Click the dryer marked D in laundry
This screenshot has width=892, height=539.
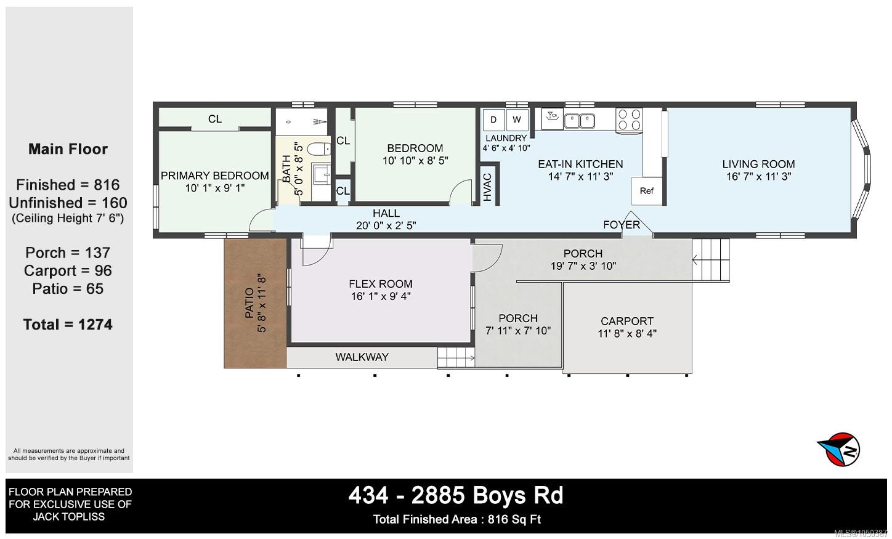[494, 120]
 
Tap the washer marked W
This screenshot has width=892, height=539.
[517, 120]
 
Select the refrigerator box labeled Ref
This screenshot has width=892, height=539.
[647, 191]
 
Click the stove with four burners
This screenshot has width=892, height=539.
[629, 120]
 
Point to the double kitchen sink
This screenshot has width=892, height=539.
[580, 121]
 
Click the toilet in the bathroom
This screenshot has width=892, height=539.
[319, 149]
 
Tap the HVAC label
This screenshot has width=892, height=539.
[487, 187]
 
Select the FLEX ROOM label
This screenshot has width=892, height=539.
[381, 284]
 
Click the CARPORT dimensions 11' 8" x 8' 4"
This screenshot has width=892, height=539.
[626, 333]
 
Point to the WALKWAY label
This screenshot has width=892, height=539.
[362, 357]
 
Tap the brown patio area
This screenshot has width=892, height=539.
[255, 303]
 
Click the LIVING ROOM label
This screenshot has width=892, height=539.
[758, 164]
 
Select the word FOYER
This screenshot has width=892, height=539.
[621, 225]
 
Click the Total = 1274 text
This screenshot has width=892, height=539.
[68, 325]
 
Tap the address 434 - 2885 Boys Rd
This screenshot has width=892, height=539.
[456, 495]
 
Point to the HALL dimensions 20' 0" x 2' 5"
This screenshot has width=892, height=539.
[386, 225]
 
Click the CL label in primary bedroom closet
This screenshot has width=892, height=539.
[215, 119]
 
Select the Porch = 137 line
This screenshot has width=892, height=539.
[68, 253]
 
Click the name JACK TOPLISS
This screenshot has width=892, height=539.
[69, 517]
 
